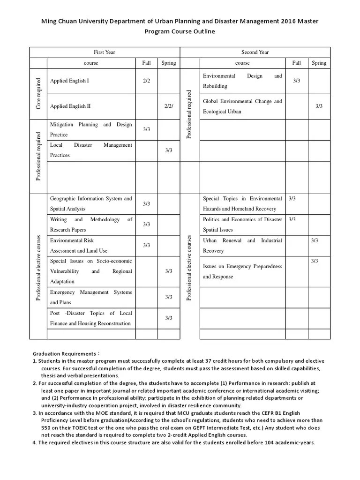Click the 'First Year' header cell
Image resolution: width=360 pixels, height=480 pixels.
(x=105, y=52)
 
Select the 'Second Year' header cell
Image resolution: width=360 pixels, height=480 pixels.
(x=255, y=52)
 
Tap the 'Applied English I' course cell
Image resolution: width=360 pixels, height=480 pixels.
(x=69, y=81)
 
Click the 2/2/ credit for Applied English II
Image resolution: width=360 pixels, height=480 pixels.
(x=169, y=106)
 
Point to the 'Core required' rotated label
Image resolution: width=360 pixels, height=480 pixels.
(x=38, y=94)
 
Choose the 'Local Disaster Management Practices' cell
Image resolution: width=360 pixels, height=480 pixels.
(x=91, y=150)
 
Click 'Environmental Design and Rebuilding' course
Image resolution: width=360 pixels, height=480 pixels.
(x=242, y=81)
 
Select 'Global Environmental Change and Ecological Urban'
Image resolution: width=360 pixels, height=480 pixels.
(x=242, y=106)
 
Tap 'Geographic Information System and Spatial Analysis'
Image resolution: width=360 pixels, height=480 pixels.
(x=91, y=203)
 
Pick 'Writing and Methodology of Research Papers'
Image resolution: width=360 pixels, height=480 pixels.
(x=91, y=225)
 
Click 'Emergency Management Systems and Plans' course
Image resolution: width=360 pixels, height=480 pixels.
(x=91, y=297)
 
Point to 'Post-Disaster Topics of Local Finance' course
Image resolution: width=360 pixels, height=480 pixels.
(x=91, y=318)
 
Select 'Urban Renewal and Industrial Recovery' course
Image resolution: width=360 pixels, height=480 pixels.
(x=242, y=245)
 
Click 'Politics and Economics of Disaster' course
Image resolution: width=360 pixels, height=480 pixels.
(x=242, y=225)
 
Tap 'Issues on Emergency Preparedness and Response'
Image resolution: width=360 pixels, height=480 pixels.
(x=242, y=271)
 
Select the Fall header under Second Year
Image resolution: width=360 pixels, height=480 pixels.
(x=296, y=63)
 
